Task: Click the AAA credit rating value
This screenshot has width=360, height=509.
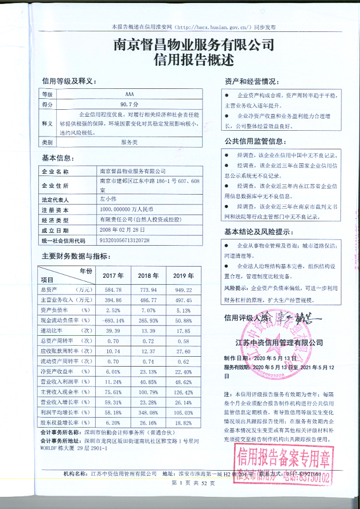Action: (x=129, y=94)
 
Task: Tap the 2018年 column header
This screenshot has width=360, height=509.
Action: (x=148, y=275)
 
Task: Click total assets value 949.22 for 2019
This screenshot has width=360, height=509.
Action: (x=184, y=289)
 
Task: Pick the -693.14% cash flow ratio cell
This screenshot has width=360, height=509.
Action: (x=112, y=320)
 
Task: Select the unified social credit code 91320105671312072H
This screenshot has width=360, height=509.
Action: (x=125, y=240)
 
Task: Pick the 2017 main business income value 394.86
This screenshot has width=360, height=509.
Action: (x=112, y=300)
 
